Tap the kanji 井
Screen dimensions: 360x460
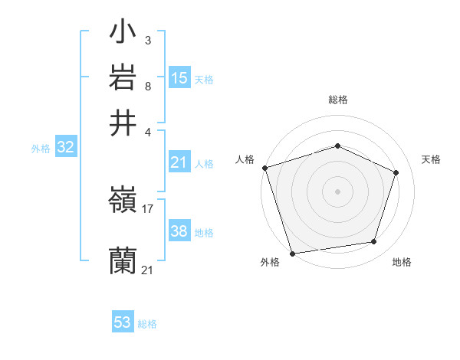click(123, 123)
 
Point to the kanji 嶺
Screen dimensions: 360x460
click(123, 201)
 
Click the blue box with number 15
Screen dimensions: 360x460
click(179, 77)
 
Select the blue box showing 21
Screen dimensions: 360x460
click(179, 162)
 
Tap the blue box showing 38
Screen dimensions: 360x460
click(179, 231)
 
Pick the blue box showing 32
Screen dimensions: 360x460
click(65, 148)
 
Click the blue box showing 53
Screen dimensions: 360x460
click(123, 322)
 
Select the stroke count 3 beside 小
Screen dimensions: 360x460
click(147, 39)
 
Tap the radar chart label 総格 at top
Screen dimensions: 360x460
click(337, 100)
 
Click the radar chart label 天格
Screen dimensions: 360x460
click(431, 159)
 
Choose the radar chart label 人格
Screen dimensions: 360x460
click(245, 159)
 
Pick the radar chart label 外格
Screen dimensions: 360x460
click(270, 262)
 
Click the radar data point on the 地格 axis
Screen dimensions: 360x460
click(373, 242)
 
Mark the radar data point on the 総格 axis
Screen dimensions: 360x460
click(337, 146)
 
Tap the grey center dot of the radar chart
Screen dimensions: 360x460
click(337, 191)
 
